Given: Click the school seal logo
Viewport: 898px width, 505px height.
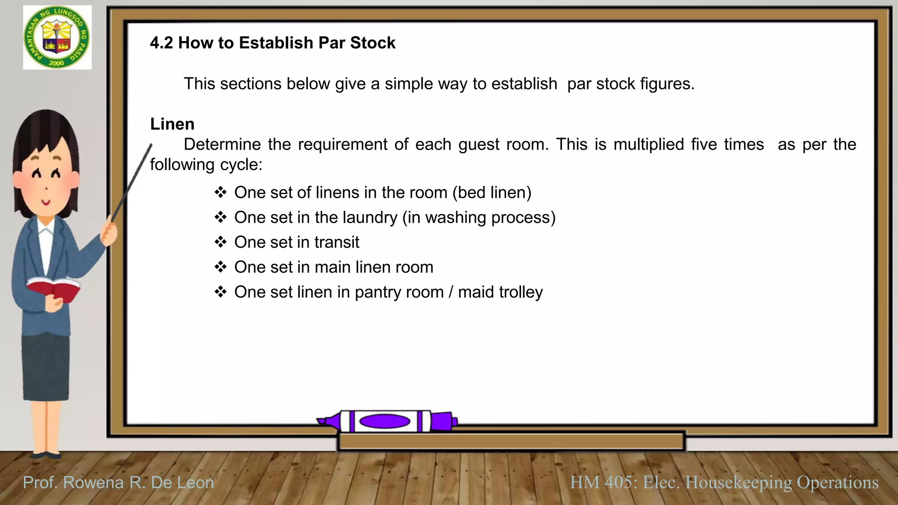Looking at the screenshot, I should (x=57, y=38).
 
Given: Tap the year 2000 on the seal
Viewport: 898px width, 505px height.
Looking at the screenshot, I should (x=57, y=63).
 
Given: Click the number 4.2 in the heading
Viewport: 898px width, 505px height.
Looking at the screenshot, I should (x=161, y=43).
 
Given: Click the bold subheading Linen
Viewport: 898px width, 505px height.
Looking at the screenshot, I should (x=172, y=124).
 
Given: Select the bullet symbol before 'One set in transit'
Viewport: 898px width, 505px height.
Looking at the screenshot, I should (x=221, y=242).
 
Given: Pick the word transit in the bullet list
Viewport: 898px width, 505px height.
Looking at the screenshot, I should (x=337, y=242).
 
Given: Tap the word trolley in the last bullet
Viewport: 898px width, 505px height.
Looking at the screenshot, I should (x=521, y=292).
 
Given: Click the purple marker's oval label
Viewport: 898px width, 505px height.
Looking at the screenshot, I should (x=385, y=421).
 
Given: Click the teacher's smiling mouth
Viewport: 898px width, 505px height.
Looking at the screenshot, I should (x=46, y=203).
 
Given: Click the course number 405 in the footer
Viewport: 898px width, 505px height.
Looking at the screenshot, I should (x=618, y=482).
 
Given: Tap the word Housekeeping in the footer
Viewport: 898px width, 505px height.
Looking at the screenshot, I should (x=738, y=482).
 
